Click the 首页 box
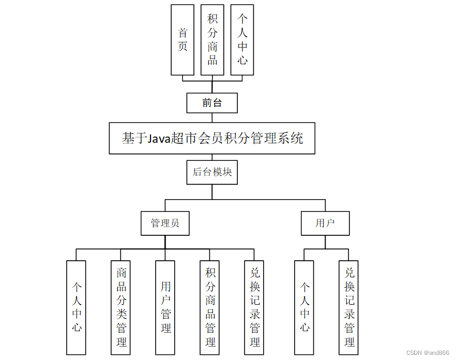[x=182, y=40]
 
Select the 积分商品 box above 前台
[x=212, y=40]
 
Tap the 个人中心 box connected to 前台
[x=242, y=40]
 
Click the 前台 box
[x=212, y=103]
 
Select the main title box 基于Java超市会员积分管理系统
[x=212, y=138]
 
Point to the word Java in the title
[x=159, y=139]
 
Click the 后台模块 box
[x=212, y=172]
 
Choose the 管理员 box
[x=165, y=223]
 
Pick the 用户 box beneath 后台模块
[x=325, y=223]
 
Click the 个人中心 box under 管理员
[x=77, y=307]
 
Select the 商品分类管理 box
[x=121, y=307]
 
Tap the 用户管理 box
[x=165, y=307]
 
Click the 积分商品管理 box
[x=210, y=307]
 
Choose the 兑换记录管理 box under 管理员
[x=254, y=307]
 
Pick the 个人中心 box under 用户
[x=304, y=307]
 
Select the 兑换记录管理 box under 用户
[x=349, y=307]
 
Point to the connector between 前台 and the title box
[x=212, y=118]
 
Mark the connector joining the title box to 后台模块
[x=212, y=157]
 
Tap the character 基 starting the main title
[x=128, y=139]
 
